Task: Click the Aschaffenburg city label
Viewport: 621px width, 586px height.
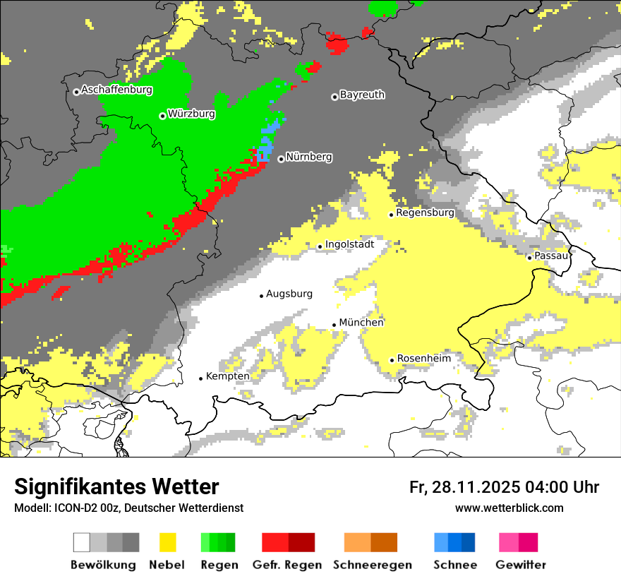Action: click(116, 90)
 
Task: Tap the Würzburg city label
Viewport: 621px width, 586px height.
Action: click(191, 114)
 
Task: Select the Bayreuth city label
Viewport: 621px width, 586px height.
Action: click(362, 95)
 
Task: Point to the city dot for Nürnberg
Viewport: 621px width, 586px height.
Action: click(281, 159)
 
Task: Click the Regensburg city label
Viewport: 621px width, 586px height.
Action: click(425, 213)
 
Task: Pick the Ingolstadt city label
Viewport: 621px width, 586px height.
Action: click(349, 245)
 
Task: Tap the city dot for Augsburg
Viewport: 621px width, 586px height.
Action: click(261, 296)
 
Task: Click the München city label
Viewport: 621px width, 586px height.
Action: click(361, 323)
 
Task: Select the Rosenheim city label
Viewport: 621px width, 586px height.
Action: click(423, 359)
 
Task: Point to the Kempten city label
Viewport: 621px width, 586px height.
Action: click(227, 376)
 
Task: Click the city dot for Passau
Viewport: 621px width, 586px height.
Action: click(529, 258)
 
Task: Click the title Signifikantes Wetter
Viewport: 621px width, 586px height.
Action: click(116, 487)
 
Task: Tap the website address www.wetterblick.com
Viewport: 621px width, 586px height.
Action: click(509, 508)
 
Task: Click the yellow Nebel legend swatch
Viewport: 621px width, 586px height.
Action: click(167, 542)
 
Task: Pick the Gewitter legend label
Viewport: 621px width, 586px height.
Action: click(520, 565)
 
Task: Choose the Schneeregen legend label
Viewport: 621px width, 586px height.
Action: click(373, 565)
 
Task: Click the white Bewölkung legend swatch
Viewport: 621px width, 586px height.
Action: click(82, 542)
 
